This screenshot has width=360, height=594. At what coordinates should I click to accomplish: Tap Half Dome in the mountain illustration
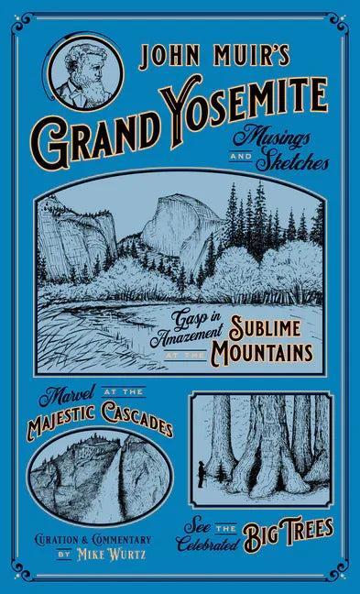pos(183,224)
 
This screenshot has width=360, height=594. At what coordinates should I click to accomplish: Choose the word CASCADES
pos(136,428)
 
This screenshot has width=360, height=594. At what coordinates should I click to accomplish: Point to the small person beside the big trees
pos(201,474)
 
